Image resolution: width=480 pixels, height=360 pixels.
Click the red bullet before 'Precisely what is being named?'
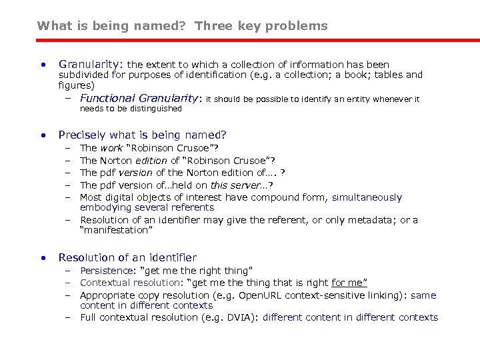[x=42, y=135]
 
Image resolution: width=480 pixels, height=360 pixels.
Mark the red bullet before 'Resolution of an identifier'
[x=42, y=258]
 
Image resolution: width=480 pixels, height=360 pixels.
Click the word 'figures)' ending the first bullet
[x=77, y=85]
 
